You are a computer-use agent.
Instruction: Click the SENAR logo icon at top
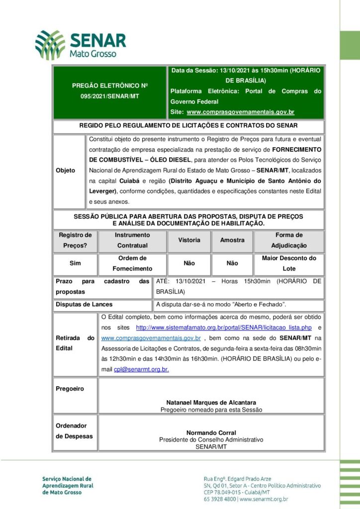50,45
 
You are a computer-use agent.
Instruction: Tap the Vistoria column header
189,240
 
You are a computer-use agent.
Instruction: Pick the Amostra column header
232,240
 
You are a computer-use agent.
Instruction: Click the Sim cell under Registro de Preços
75,263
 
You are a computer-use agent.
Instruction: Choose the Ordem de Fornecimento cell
132,263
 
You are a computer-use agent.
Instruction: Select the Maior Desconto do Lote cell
289,263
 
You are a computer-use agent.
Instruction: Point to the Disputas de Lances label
84,304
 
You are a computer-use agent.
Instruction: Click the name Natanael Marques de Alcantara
211,403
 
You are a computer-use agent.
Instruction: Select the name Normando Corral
211,433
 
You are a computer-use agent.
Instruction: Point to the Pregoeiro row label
70,389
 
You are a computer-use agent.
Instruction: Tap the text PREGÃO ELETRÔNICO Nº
110,85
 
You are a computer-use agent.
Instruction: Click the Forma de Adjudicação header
289,240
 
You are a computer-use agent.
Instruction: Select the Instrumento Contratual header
132,240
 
